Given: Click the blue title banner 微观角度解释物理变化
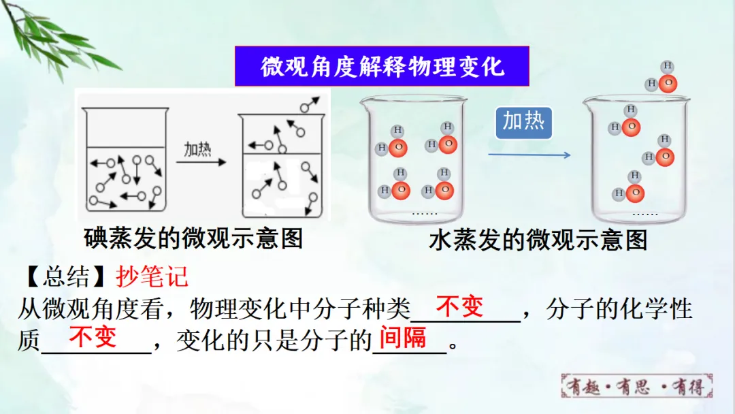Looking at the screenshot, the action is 382,66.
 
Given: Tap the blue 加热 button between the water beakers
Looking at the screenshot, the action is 523,123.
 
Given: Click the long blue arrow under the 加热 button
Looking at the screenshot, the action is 529,155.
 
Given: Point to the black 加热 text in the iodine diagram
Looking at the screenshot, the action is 197,149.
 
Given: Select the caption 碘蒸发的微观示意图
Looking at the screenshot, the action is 193,238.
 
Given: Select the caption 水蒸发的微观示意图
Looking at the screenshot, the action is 538,240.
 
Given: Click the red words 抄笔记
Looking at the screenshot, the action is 152,276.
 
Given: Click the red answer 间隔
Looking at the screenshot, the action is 403,338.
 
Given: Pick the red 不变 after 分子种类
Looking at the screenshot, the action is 459,306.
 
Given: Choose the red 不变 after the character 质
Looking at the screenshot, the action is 93,337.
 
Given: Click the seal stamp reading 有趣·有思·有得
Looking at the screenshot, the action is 636,386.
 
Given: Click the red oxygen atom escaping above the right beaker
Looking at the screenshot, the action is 668,84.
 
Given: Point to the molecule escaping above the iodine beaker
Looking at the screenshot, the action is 309,104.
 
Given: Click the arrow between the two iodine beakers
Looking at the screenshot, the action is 201,162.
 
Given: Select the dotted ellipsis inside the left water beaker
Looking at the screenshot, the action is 424,214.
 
